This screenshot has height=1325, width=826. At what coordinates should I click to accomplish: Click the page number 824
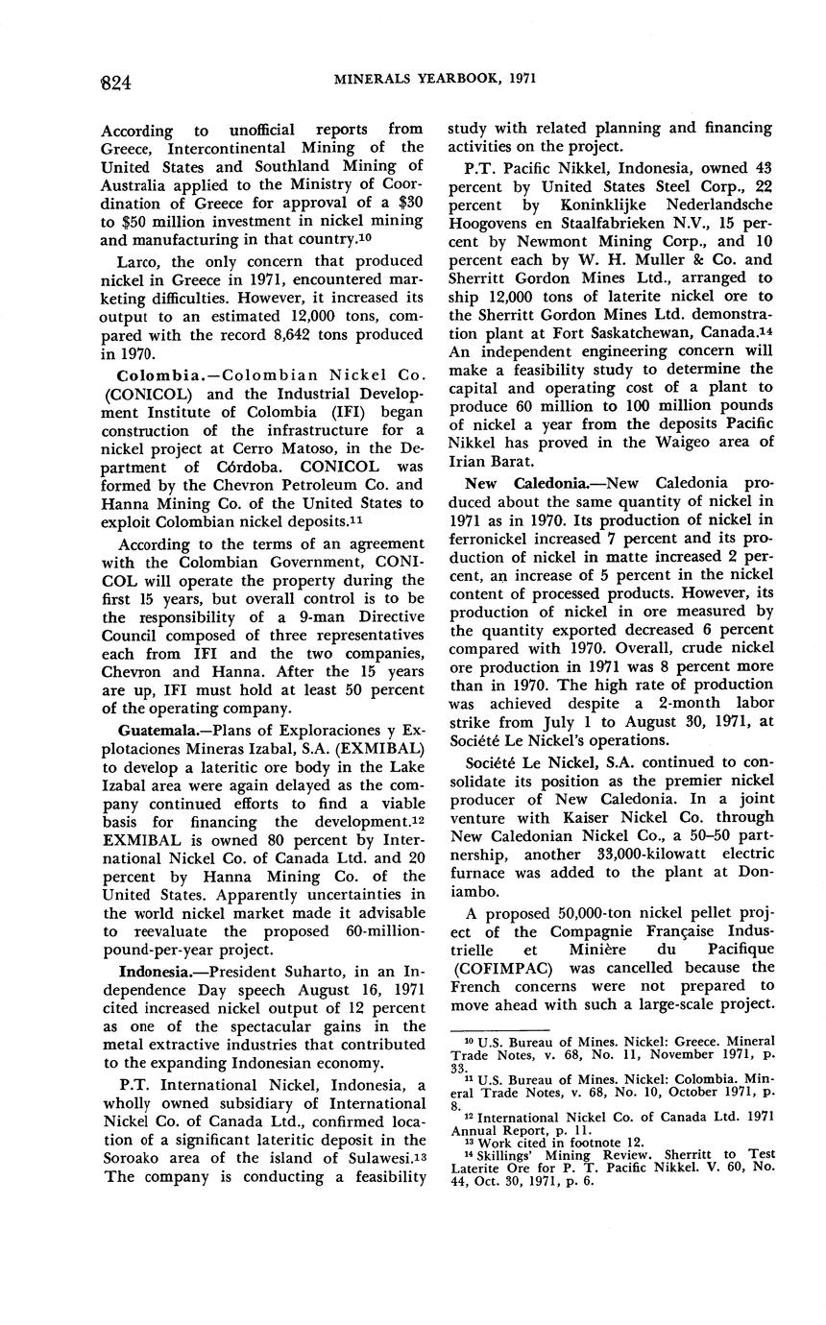pyautogui.click(x=116, y=83)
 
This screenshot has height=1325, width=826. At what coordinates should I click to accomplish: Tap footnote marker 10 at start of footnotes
pyautogui.click(x=457, y=1040)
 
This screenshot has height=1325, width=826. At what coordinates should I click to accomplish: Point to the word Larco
pyautogui.click(x=138, y=261)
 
